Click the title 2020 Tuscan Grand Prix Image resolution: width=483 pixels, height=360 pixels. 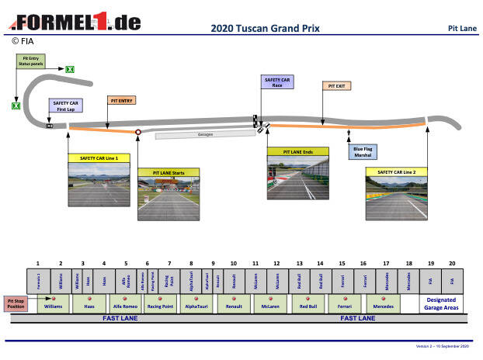pyautogui.click(x=265, y=29)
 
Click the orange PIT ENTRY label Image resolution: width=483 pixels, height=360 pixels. pyautogui.click(x=122, y=101)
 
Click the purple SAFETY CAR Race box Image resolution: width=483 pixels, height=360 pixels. pyautogui.click(x=277, y=82)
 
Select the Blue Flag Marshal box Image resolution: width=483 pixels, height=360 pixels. pyautogui.click(x=363, y=151)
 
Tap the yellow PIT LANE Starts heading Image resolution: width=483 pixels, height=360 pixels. pyautogui.click(x=169, y=172)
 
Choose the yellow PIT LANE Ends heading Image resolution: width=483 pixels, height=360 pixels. pyautogui.click(x=297, y=152)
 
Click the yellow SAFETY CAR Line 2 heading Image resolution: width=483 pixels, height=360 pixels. pyautogui.click(x=396, y=172)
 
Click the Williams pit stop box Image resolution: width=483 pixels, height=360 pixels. pyautogui.click(x=54, y=306)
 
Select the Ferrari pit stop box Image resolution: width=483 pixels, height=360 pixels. pyautogui.click(x=343, y=306)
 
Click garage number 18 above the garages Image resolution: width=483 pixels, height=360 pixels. pyautogui.click(x=408, y=264)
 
